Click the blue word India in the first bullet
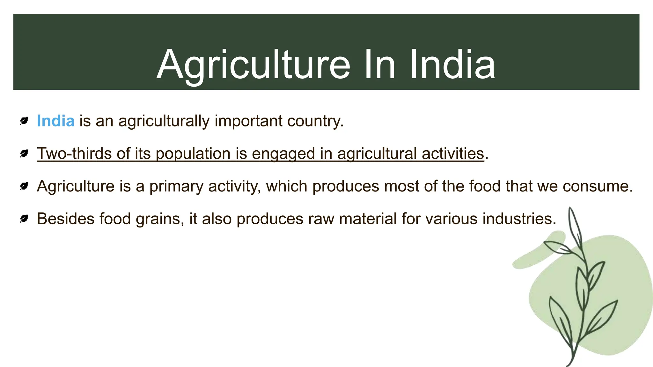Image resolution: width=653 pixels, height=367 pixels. pyautogui.click(x=55, y=121)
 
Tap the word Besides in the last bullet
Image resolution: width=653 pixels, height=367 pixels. pyautogui.click(x=66, y=219)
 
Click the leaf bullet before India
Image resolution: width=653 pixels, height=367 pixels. pyautogui.click(x=24, y=121)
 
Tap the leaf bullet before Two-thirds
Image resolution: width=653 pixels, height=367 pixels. pyautogui.click(x=24, y=154)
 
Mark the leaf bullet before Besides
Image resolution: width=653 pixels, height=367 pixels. pyautogui.click(x=24, y=219)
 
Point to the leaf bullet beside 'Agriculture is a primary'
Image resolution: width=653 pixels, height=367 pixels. pyautogui.click(x=24, y=186)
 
